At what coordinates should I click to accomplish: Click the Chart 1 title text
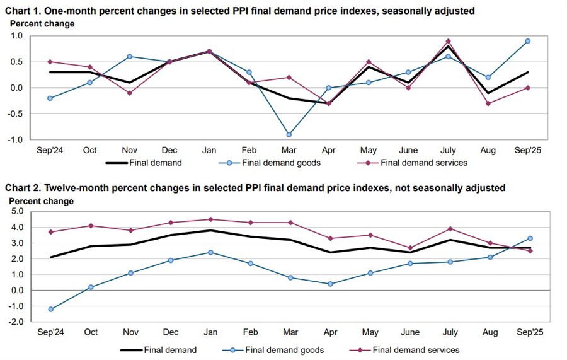(240, 11)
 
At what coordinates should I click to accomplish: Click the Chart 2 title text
(255, 188)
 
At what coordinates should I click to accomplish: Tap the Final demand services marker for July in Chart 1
(448, 41)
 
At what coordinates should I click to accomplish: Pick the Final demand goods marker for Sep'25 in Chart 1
(528, 41)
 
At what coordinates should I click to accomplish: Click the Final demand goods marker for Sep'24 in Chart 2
(50, 309)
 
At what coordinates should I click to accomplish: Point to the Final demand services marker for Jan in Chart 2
(210, 219)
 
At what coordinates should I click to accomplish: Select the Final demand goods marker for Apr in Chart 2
(331, 284)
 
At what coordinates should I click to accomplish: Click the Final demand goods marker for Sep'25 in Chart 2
(530, 238)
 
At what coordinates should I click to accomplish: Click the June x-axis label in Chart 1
(408, 151)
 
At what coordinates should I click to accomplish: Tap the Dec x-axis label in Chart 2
(170, 332)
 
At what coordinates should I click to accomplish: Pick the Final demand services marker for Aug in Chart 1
(488, 103)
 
